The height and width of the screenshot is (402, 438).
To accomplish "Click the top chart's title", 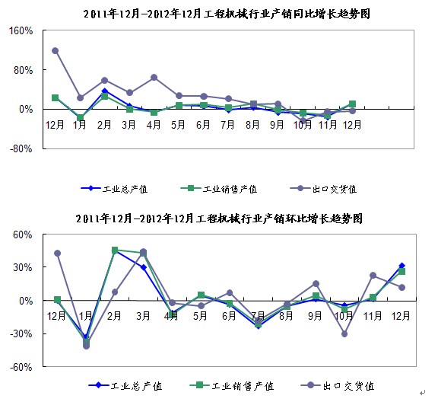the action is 227,14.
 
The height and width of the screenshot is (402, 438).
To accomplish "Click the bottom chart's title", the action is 219,219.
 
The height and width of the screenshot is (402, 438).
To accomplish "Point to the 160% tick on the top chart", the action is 21,30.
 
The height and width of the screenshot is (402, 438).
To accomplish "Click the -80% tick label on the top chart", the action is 21,148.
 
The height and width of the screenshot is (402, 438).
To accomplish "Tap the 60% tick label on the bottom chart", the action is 23,234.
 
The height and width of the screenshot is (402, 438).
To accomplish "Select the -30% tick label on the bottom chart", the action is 21,333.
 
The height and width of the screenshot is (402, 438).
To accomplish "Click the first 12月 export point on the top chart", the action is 55,51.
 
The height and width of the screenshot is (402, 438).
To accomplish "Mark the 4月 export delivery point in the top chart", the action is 154,78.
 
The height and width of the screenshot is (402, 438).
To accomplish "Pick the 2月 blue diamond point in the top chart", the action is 105,91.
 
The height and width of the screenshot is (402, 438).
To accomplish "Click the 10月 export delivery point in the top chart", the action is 303,121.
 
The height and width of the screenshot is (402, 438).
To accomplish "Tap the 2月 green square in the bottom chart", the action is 115,250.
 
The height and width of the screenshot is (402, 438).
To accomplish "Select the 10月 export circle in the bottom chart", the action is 344,333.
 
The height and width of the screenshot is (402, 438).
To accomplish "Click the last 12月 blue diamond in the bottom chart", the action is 402,266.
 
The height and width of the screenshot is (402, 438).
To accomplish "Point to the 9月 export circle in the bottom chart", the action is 316,284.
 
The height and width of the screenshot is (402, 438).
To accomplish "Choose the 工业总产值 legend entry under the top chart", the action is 114,189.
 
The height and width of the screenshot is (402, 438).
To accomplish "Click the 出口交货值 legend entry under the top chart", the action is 323,189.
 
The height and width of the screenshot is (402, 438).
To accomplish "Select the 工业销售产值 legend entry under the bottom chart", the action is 232,386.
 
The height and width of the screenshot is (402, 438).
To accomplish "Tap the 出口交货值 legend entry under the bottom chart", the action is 338,386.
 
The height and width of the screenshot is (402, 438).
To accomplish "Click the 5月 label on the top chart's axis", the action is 178,125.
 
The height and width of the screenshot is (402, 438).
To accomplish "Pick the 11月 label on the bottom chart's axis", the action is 373,316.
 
